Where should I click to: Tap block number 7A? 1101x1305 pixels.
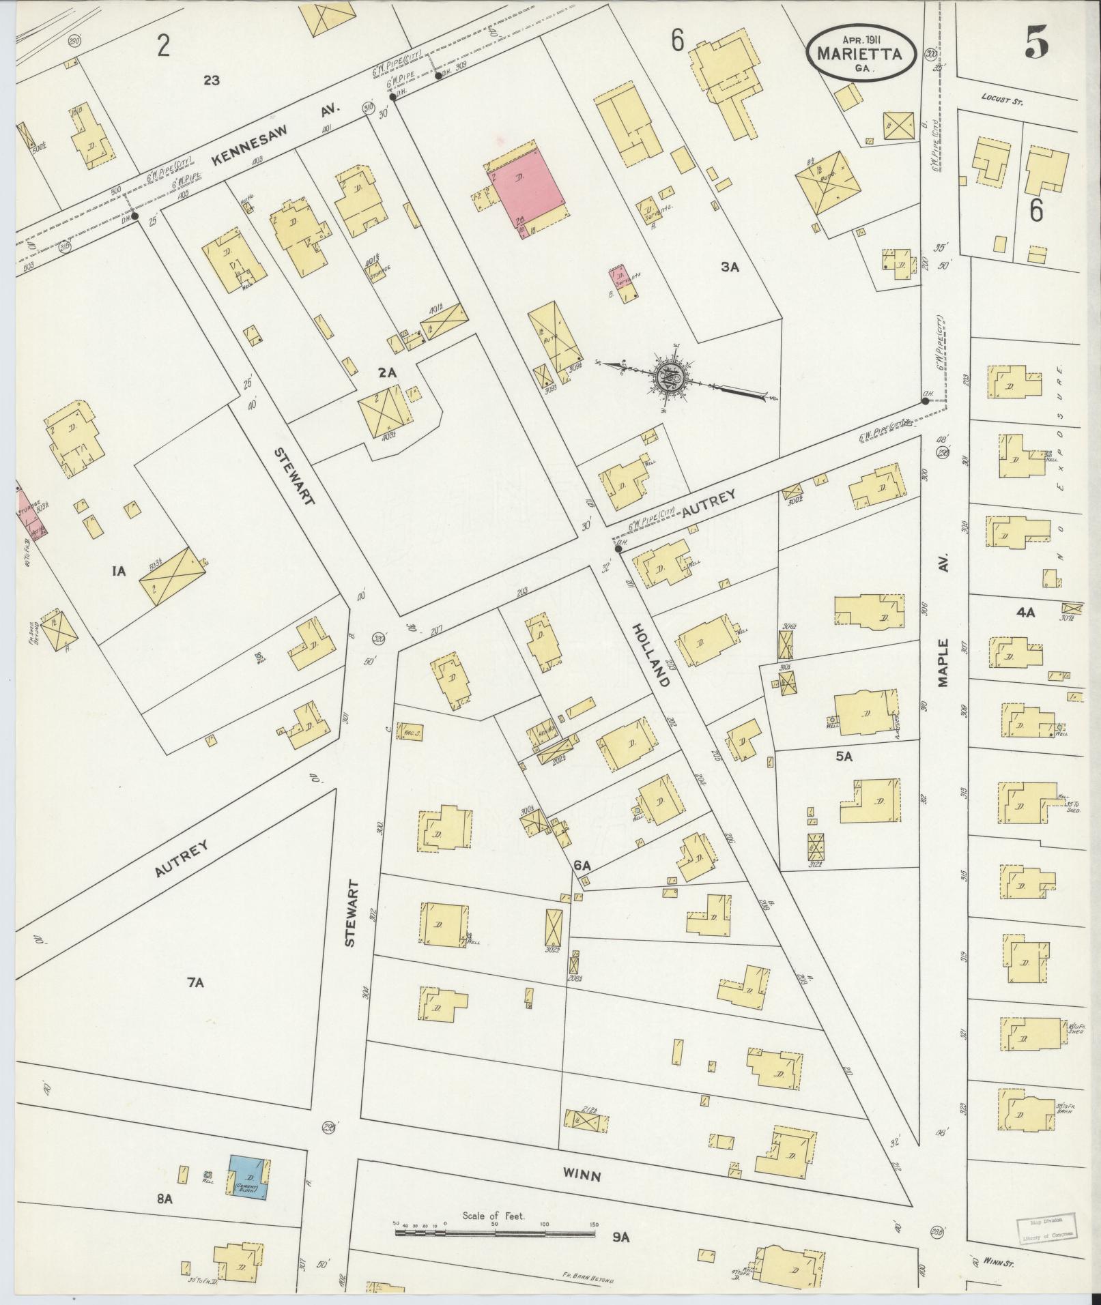(195, 983)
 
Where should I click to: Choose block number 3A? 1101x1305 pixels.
(730, 267)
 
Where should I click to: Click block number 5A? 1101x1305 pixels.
(844, 756)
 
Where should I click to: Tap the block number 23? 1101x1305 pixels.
(211, 80)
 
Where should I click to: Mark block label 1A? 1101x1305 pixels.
(119, 572)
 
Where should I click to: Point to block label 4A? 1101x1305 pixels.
(1026, 613)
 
